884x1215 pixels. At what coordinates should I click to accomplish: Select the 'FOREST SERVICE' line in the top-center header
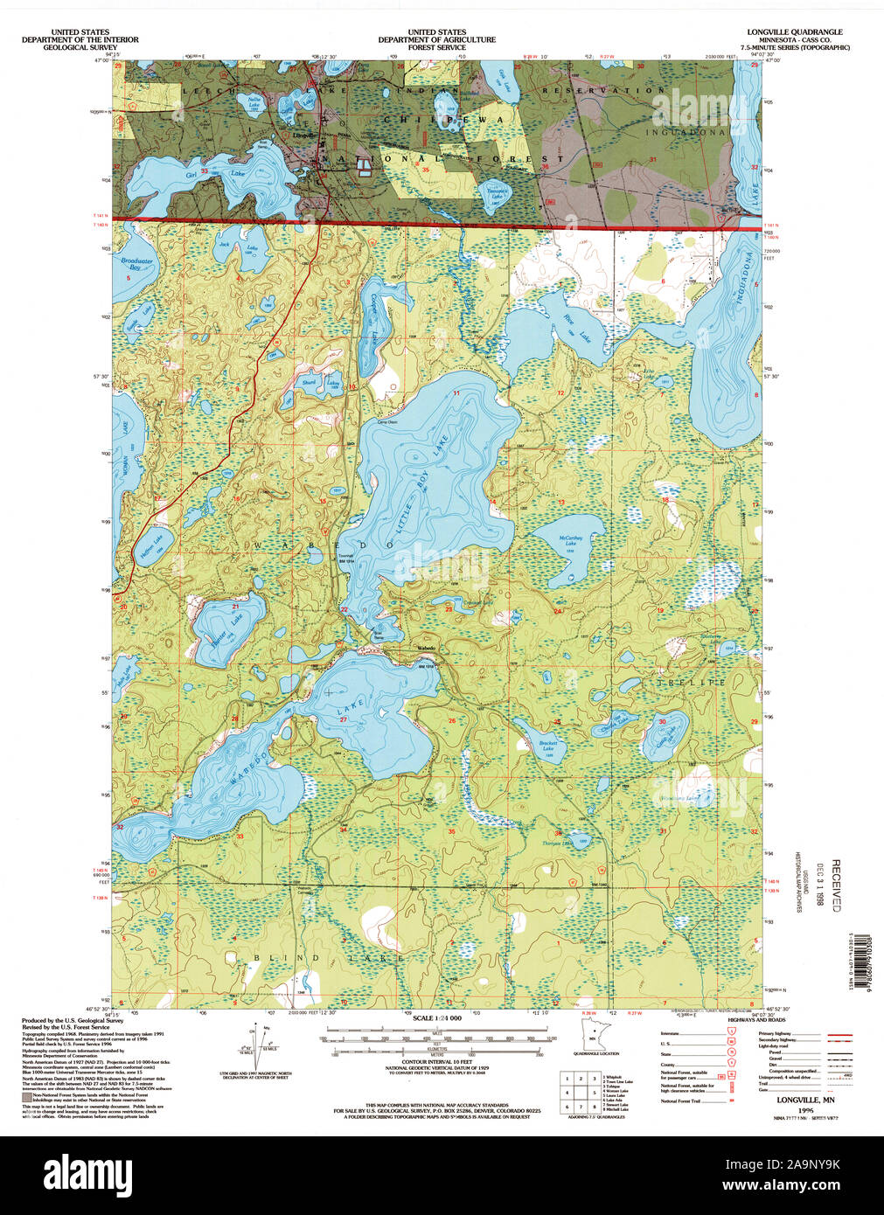pyautogui.click(x=436, y=47)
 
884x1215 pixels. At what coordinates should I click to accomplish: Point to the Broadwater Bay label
pyautogui.click(x=137, y=265)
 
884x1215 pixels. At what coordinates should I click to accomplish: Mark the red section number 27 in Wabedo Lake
pyautogui.click(x=344, y=719)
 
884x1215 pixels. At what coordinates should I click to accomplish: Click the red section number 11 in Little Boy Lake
pyautogui.click(x=456, y=394)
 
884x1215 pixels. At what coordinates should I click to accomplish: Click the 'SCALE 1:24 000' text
pyautogui.click(x=436, y=1019)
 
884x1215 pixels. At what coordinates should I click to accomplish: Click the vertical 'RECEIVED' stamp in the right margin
pyautogui.click(x=836, y=885)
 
